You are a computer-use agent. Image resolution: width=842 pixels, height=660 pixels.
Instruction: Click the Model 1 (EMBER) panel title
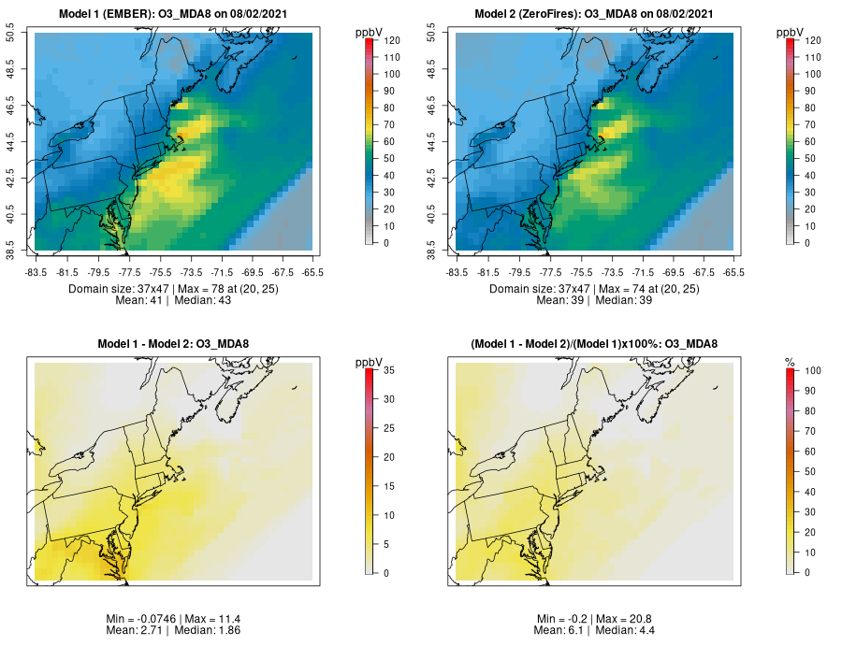175,14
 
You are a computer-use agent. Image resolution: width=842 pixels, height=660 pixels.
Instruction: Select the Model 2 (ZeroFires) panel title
596,14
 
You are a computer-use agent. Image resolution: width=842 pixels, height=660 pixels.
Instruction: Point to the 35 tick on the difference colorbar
385,371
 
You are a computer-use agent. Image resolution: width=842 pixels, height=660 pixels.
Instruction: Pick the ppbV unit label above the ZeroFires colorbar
791,33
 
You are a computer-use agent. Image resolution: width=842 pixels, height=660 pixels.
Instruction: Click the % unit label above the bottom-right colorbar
790,362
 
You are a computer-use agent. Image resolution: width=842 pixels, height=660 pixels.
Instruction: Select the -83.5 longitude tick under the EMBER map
36,273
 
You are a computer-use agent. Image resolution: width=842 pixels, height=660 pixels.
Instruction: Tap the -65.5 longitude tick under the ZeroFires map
734,273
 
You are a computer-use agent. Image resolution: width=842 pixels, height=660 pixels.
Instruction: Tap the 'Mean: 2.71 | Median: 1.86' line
175,631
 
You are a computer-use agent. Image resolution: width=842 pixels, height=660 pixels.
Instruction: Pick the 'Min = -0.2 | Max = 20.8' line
596,619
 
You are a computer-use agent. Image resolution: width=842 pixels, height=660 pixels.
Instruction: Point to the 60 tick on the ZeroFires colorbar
806,141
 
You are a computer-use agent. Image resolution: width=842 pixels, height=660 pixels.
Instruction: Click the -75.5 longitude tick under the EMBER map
159,273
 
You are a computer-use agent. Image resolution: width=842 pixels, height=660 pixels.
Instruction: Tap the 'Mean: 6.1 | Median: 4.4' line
596,631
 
